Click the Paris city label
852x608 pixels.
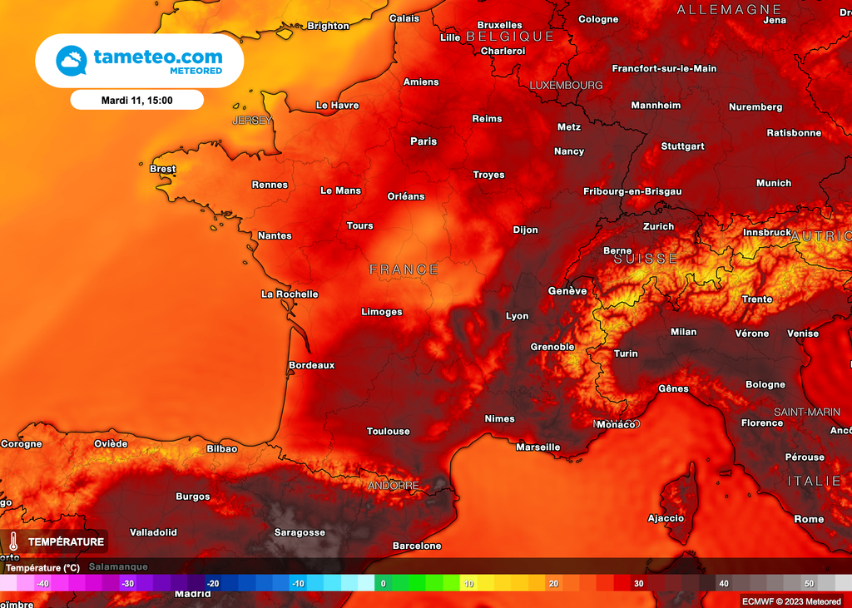click(424, 141)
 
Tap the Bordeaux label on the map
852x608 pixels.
click(311, 365)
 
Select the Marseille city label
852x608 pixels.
click(537, 447)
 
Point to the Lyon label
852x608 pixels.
click(517, 316)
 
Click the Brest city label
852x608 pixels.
click(162, 169)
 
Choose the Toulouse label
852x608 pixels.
click(388, 431)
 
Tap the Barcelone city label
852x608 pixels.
click(416, 546)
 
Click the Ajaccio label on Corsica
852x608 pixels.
click(666, 518)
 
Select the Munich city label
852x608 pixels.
click(773, 183)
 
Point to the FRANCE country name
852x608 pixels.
click(404, 269)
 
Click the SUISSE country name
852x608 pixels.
click(646, 259)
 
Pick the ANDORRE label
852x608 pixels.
click(393, 485)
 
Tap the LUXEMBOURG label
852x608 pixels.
click(566, 86)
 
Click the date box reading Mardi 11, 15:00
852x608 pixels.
click(137, 100)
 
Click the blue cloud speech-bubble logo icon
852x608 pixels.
click(72, 61)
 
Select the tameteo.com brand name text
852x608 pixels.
click(158, 57)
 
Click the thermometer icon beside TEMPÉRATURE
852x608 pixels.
click(13, 542)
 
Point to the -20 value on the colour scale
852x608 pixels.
click(213, 584)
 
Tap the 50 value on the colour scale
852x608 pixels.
click(809, 584)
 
